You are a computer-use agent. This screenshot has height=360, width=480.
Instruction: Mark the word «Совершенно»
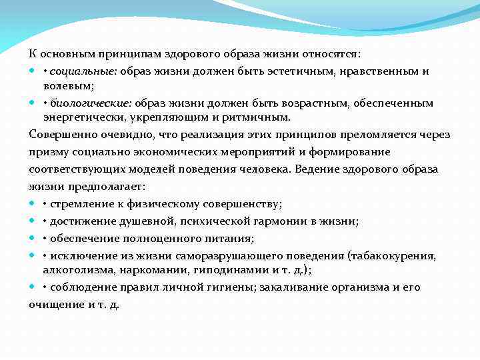click(x=58, y=135)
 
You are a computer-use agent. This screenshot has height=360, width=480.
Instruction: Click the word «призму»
click(x=47, y=152)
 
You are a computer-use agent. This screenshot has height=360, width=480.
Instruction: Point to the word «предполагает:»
click(x=102, y=187)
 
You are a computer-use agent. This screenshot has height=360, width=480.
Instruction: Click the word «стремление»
click(x=79, y=204)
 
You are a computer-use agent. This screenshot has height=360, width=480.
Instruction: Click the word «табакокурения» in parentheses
click(x=400, y=256)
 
